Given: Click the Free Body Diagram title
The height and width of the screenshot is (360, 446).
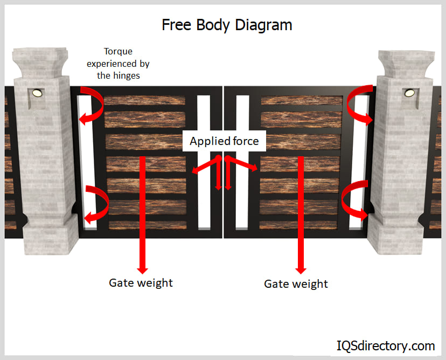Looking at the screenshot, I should [227, 25].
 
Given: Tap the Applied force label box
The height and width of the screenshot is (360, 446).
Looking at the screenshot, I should [224, 142].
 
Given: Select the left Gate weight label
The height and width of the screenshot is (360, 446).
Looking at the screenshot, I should [141, 282].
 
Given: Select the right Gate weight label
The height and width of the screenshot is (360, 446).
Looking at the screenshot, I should [296, 283].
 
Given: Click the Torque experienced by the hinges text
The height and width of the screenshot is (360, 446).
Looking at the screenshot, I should [119, 63].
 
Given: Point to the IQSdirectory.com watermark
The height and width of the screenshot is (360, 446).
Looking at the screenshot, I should [386, 345].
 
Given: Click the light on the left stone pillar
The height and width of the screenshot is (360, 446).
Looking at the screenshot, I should [37, 93].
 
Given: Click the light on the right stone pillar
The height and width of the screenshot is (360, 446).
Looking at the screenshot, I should [409, 93].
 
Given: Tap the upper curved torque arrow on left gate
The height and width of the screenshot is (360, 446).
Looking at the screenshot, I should [93, 104].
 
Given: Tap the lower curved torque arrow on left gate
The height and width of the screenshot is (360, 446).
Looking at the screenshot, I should [96, 204].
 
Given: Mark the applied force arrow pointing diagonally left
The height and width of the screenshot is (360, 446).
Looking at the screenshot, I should [205, 165].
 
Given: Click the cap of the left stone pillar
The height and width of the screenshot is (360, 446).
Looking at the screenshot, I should [37, 60].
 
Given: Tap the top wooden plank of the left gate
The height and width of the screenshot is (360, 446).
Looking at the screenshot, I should [144, 100].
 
